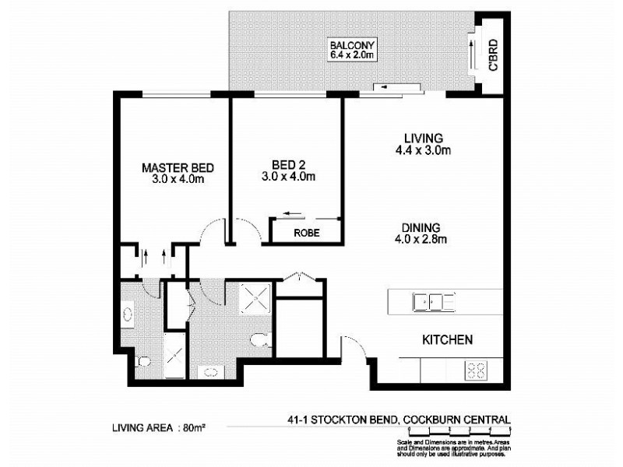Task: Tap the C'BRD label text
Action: pyautogui.click(x=492, y=56)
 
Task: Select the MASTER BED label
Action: pyautogui.click(x=178, y=167)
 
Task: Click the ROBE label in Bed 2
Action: pyautogui.click(x=304, y=232)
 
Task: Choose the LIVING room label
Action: pyautogui.click(x=424, y=139)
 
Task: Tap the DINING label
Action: pyautogui.click(x=421, y=227)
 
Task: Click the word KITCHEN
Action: pyautogui.click(x=447, y=340)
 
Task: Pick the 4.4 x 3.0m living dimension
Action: pyautogui.click(x=424, y=150)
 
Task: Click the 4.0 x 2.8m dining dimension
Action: pyautogui.click(x=421, y=239)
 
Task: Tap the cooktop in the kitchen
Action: pyautogui.click(x=476, y=371)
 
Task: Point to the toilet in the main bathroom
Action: pyautogui.click(x=259, y=340)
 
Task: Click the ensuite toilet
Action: pyautogui.click(x=142, y=362)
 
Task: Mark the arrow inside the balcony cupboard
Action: pyautogui.click(x=473, y=53)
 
